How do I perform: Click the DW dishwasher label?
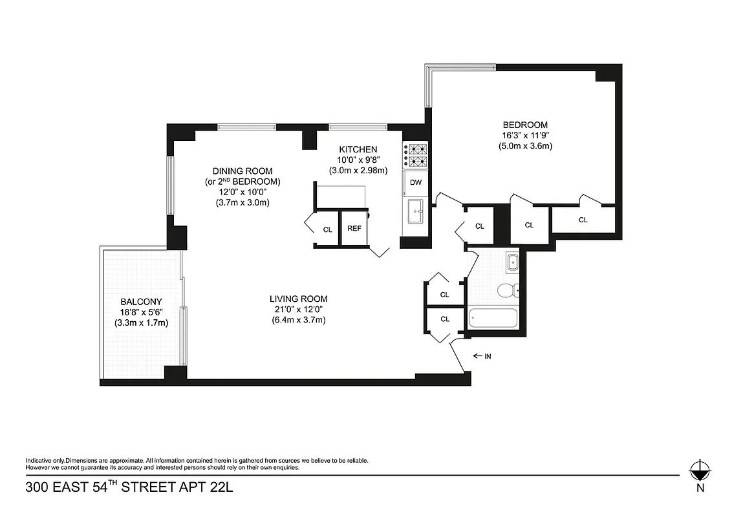(x=416, y=183)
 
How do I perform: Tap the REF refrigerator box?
(x=354, y=229)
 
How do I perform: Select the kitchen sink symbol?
(x=415, y=210)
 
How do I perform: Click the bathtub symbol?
(x=493, y=317)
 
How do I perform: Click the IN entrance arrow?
(x=484, y=356)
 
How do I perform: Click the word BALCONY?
(x=141, y=302)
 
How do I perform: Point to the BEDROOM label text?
(x=525, y=125)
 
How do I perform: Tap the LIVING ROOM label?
(x=299, y=299)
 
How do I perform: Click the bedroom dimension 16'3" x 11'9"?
(x=525, y=135)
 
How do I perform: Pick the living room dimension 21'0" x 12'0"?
(x=299, y=309)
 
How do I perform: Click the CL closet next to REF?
(x=328, y=229)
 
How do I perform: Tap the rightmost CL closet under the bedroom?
(x=583, y=220)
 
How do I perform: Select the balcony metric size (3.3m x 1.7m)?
(x=141, y=322)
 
